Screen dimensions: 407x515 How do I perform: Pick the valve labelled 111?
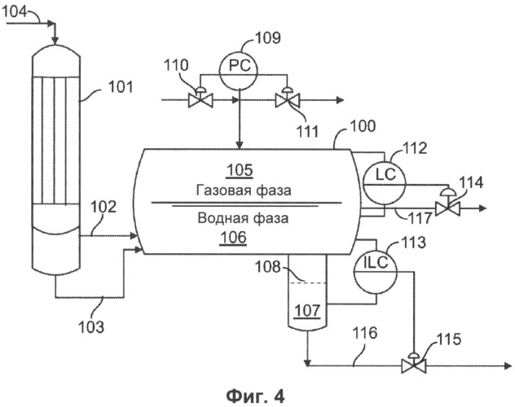tap(285, 99)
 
